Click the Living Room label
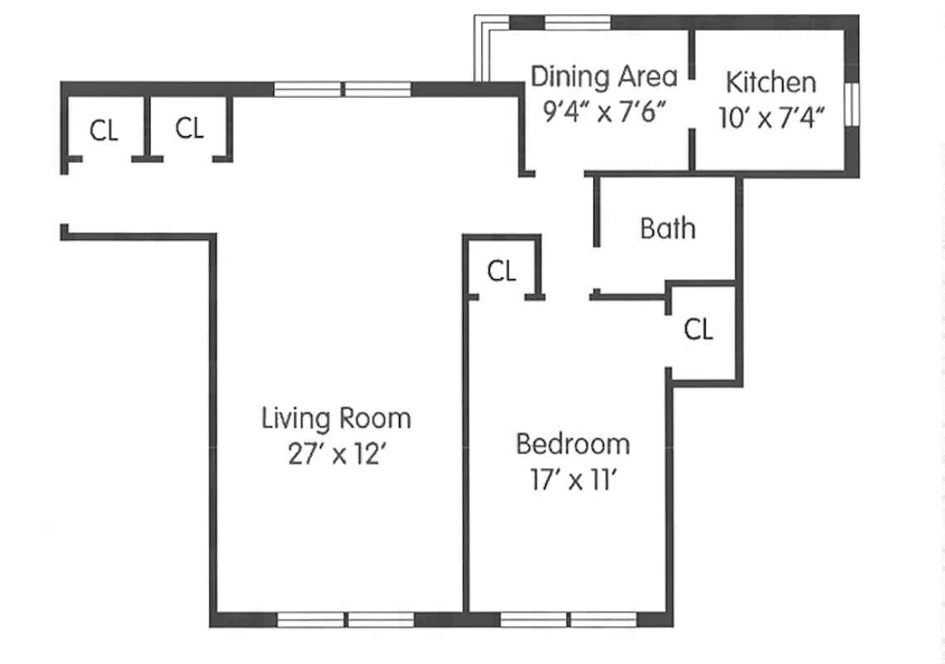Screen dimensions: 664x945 (336, 417)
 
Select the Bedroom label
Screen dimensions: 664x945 (572, 444)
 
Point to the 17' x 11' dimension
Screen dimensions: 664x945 (572, 481)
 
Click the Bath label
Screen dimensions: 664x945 (668, 228)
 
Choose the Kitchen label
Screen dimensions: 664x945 (771, 82)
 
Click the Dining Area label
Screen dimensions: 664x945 (604, 76)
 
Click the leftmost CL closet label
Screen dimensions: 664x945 (104, 130)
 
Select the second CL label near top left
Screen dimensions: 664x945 (189, 129)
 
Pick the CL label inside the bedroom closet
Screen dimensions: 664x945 (501, 271)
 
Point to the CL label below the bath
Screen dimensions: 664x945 (699, 330)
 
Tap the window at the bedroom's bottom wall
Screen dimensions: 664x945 (568, 619)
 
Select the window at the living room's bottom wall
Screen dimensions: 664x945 (345, 619)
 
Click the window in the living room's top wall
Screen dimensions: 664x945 (343, 89)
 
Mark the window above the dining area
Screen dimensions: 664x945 (577, 22)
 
